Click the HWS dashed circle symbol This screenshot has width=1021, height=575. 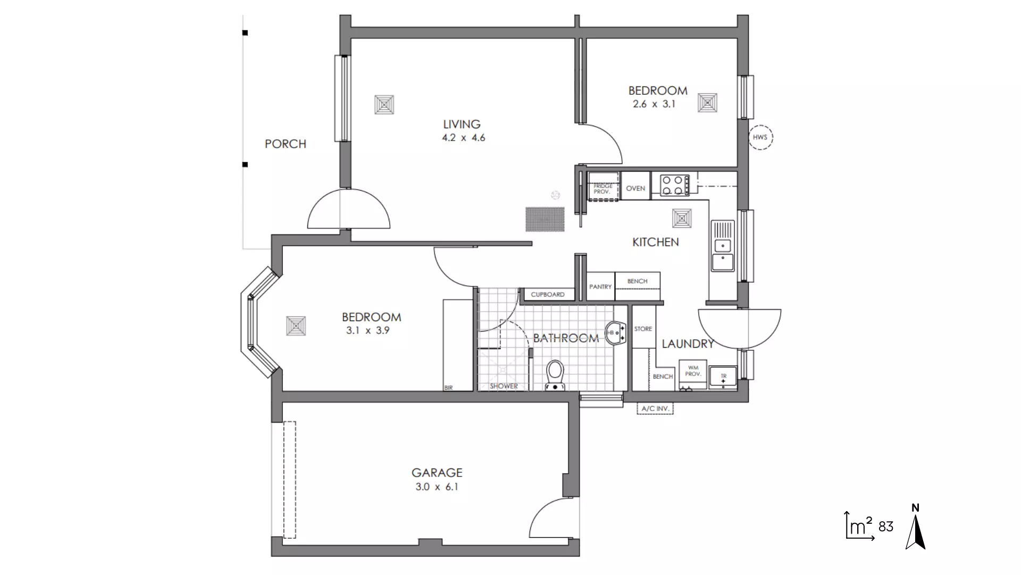(760, 137)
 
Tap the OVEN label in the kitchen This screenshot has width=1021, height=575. (635, 188)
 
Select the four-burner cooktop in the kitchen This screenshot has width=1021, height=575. (674, 185)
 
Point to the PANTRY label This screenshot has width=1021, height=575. (600, 287)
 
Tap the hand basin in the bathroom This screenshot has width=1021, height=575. (615, 333)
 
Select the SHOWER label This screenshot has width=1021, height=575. (504, 386)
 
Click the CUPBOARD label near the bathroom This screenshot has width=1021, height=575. (548, 294)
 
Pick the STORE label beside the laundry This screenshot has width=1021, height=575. (643, 329)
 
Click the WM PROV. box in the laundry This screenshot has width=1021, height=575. (693, 371)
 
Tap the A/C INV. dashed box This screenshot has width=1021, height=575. (655, 409)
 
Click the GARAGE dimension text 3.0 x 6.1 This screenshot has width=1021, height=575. (437, 487)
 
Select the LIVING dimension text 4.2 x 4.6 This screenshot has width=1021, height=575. (463, 138)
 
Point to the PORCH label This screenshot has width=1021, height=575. (286, 144)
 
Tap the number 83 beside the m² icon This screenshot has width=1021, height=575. (886, 527)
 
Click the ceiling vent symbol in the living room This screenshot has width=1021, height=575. (384, 105)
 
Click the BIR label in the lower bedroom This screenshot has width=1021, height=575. (448, 388)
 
